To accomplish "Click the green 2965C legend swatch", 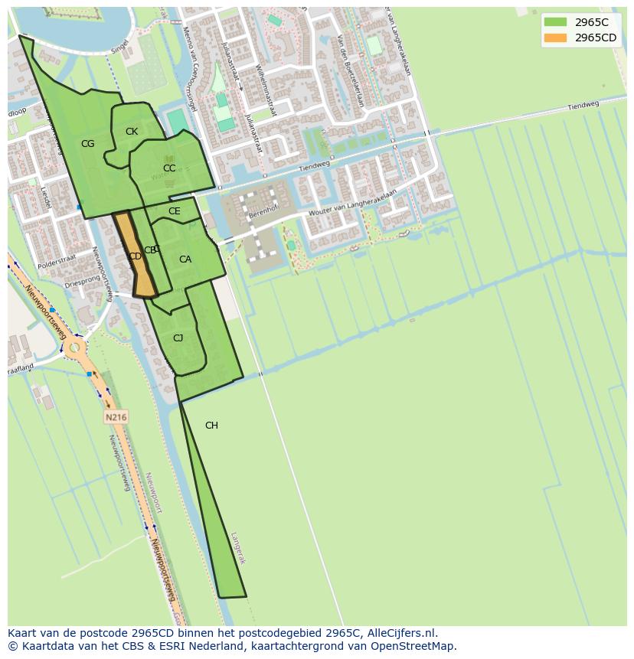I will (555, 22).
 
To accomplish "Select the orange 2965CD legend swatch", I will (555, 38).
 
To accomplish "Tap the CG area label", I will (88, 144).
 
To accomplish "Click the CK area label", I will (132, 132).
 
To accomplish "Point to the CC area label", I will (169, 168).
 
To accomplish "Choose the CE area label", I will (175, 211).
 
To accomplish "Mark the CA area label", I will (185, 259).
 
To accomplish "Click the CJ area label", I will (178, 338).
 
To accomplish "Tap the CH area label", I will (211, 426).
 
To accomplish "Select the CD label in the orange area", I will (135, 256).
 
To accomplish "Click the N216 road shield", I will (116, 417).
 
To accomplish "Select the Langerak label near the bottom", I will (238, 548).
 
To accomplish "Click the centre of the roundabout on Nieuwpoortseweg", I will (74, 349).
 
